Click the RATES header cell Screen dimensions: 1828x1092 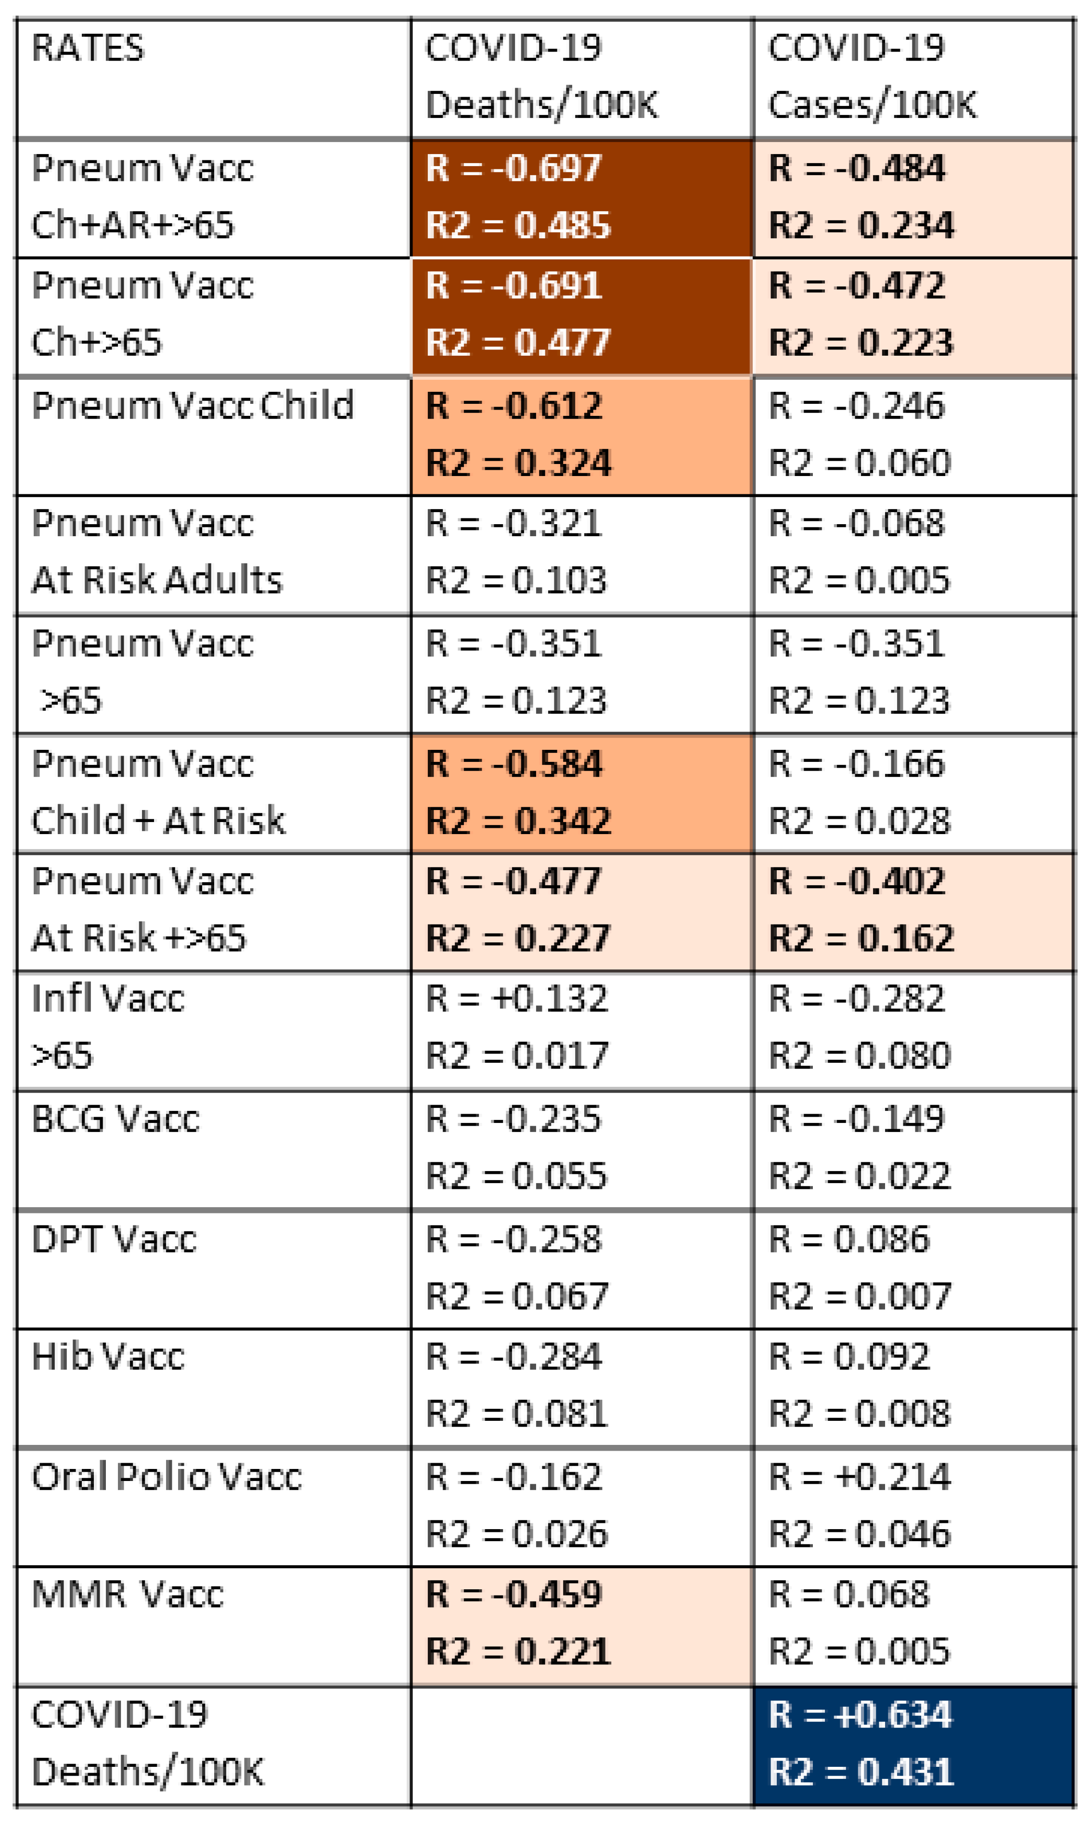click(88, 49)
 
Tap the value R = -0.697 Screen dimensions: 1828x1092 click(514, 168)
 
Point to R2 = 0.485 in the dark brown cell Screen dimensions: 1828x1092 click(518, 225)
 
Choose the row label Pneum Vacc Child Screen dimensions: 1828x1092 click(193, 405)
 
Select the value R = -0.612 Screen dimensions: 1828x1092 click(514, 405)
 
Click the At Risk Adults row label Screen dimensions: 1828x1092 click(157, 580)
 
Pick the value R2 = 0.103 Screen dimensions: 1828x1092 click(516, 580)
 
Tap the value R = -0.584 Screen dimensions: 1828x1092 click(514, 763)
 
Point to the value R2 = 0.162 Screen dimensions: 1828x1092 click(861, 938)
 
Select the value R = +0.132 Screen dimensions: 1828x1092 click(516, 999)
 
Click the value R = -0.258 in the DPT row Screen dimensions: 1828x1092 click(514, 1239)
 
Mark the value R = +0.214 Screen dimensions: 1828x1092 click(860, 1476)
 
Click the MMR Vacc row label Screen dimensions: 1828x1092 click(128, 1595)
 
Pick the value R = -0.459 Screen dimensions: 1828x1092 click(514, 1595)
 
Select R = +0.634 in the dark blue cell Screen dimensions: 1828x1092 click(860, 1715)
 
